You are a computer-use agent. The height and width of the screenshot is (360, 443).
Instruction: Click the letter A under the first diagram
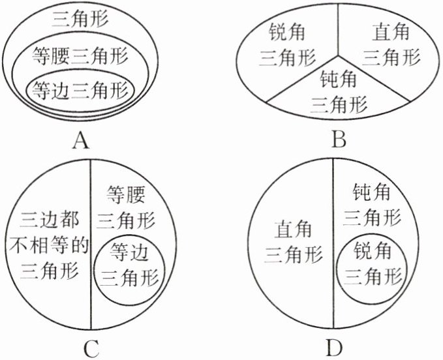pyautogui.click(x=81, y=139)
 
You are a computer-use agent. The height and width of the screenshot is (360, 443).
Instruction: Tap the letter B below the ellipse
pyautogui.click(x=338, y=139)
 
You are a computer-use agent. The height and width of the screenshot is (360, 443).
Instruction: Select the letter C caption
pyautogui.click(x=90, y=348)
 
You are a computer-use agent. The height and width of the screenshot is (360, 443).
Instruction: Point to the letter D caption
pyautogui.click(x=334, y=348)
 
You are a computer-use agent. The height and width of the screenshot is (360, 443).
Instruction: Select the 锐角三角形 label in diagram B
pyautogui.click(x=286, y=45)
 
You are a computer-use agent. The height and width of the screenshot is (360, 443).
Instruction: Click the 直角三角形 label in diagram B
pyautogui.click(x=390, y=45)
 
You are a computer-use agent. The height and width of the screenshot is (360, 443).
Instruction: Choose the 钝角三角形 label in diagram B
pyautogui.click(x=339, y=91)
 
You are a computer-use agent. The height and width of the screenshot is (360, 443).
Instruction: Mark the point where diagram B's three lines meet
pyautogui.click(x=336, y=65)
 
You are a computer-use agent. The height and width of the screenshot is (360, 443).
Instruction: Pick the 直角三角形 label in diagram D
pyautogui.click(x=293, y=242)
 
